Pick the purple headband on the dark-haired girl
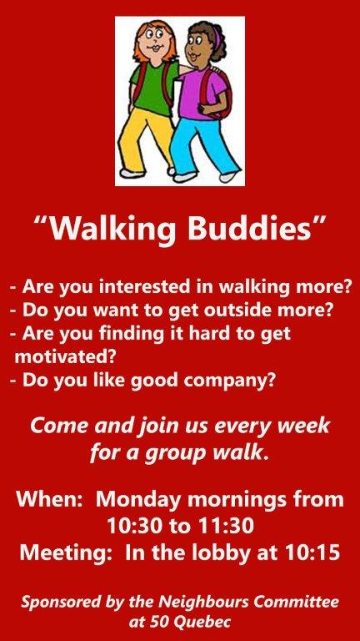tap(216, 36)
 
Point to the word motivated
tap(63, 357)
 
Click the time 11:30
tap(226, 527)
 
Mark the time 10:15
tap(312, 553)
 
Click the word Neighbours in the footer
tap(201, 603)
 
